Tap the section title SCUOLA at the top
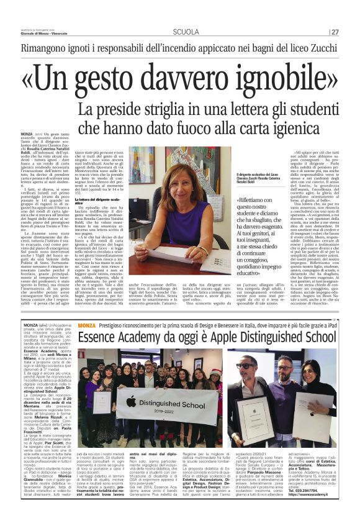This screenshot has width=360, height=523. [x=186, y=32]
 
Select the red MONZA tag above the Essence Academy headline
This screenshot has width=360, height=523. [x=88, y=325]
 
